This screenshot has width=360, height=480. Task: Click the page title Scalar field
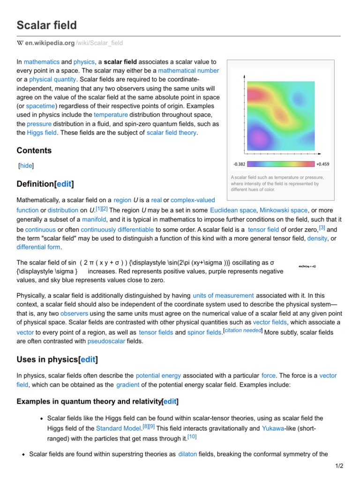coord(47,25)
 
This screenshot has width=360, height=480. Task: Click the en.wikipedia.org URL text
coord(50,43)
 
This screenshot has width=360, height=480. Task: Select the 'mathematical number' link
coord(188,71)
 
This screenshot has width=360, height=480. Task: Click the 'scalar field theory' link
coord(172,133)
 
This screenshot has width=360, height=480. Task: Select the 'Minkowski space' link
coord(284,210)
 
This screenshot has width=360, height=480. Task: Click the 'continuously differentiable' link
coord(117,230)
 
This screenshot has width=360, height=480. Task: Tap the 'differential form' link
coord(38,247)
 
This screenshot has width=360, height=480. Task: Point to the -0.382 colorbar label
coord(239,164)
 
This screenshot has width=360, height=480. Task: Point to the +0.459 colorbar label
coord(322,164)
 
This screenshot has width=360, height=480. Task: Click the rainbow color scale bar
coord(280,164)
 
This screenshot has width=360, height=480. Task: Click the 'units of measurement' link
coord(223,295)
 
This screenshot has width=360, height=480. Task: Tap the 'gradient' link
coord(128,385)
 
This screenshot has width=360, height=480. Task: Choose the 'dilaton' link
coord(187,454)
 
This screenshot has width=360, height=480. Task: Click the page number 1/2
coord(339,466)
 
